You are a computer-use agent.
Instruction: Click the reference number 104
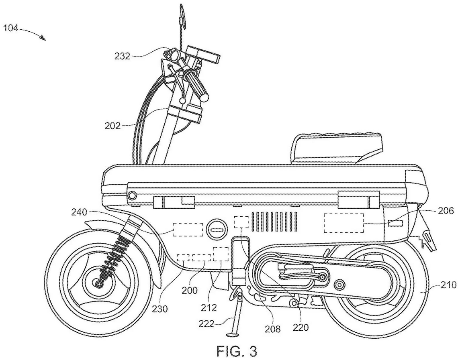(x=11, y=28)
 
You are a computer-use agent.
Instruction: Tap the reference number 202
(x=112, y=126)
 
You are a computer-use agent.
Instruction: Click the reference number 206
(x=446, y=211)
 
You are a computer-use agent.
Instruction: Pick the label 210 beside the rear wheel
(x=448, y=285)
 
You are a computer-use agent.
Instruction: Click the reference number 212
(x=209, y=308)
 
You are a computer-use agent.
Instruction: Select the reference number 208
(x=273, y=329)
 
